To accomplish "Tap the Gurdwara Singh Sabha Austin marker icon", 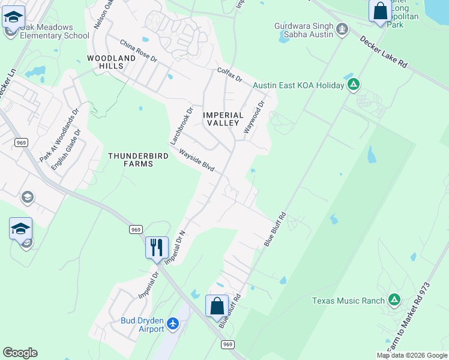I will tap(342, 28).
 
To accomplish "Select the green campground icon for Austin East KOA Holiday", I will tap(354, 85).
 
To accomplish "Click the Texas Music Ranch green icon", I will tap(394, 299).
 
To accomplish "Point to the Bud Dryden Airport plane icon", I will tap(173, 324).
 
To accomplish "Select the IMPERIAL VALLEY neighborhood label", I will tap(223, 119).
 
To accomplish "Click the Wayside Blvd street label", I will tap(196, 160).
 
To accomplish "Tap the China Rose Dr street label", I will tap(138, 52).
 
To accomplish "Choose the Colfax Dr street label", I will tap(229, 75).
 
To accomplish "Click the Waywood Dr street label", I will tap(254, 117).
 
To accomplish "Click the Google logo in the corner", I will tap(20, 353).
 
